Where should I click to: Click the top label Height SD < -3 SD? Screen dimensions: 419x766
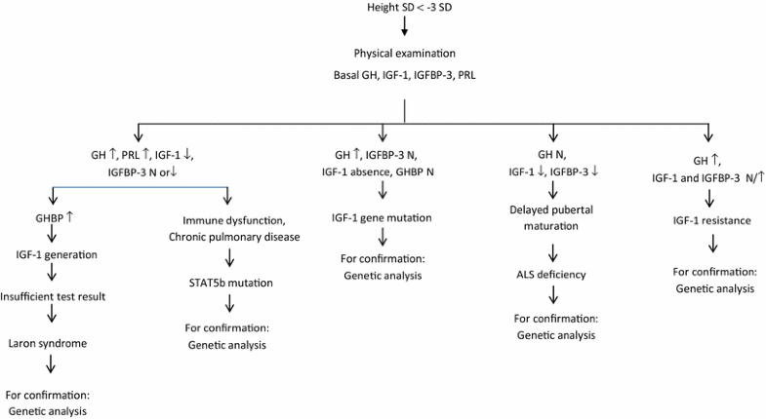click(403, 9)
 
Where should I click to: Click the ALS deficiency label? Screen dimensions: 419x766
click(553, 274)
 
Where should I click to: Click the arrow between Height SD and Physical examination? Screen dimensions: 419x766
click(403, 31)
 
